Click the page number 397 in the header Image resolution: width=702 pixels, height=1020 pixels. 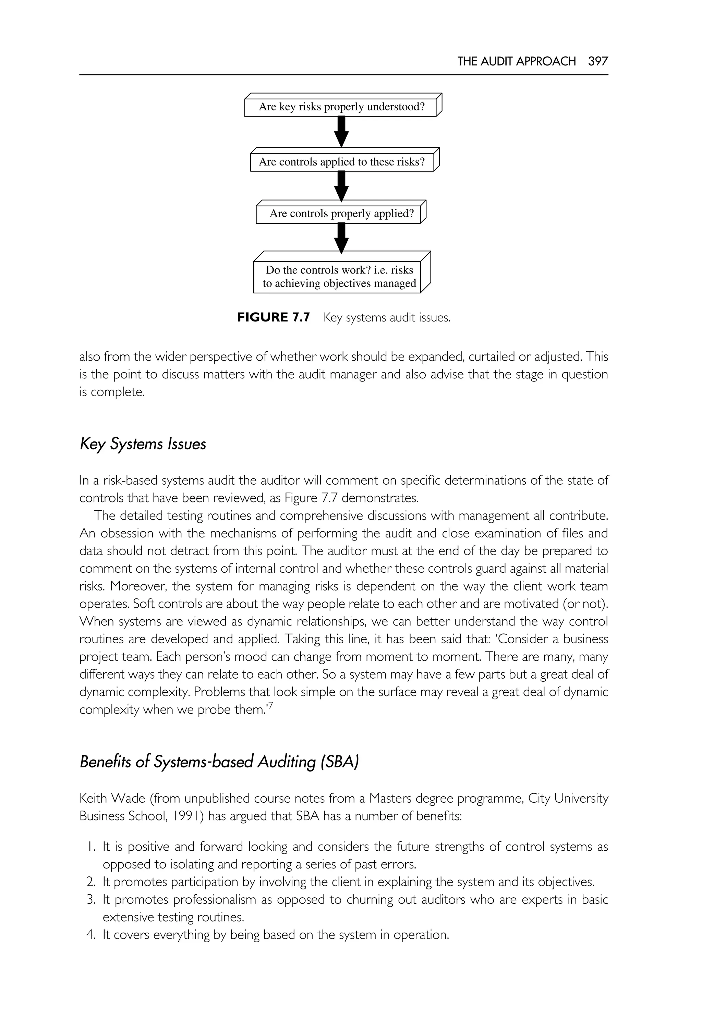pyautogui.click(x=598, y=61)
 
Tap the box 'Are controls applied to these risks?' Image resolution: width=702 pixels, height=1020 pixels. pyautogui.click(x=342, y=162)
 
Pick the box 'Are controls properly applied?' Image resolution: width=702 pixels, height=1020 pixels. pyautogui.click(x=341, y=213)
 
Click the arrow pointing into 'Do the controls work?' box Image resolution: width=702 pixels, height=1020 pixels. pyautogui.click(x=341, y=238)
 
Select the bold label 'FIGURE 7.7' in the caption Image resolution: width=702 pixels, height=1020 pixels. pyautogui.click(x=273, y=317)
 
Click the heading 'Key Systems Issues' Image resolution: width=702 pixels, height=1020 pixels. pyautogui.click(x=143, y=444)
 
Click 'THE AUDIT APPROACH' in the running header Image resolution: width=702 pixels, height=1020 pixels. pyautogui.click(x=516, y=61)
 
